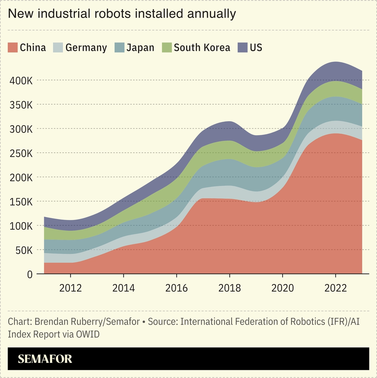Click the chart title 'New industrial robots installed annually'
pyautogui.click(x=122, y=14)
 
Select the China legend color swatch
pyautogui.click(x=12, y=47)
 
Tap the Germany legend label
pyautogui.click(x=86, y=48)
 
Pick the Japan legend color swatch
pyautogui.click(x=119, y=47)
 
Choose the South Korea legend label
pyautogui.click(x=202, y=47)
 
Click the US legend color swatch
pyautogui.click(x=242, y=47)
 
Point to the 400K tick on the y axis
pyautogui.click(x=21, y=81)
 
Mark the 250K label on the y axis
pyautogui.click(x=21, y=153)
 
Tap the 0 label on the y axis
pyautogui.click(x=30, y=274)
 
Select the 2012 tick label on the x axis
pyautogui.click(x=70, y=288)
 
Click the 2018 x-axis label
pyautogui.click(x=229, y=288)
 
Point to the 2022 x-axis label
pyautogui.click(x=335, y=288)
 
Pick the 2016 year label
pyautogui.click(x=176, y=288)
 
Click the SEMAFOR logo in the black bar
pyautogui.click(x=45, y=359)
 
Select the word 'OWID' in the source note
pyautogui.click(x=88, y=334)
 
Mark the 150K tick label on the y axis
pyautogui.click(x=21, y=202)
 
